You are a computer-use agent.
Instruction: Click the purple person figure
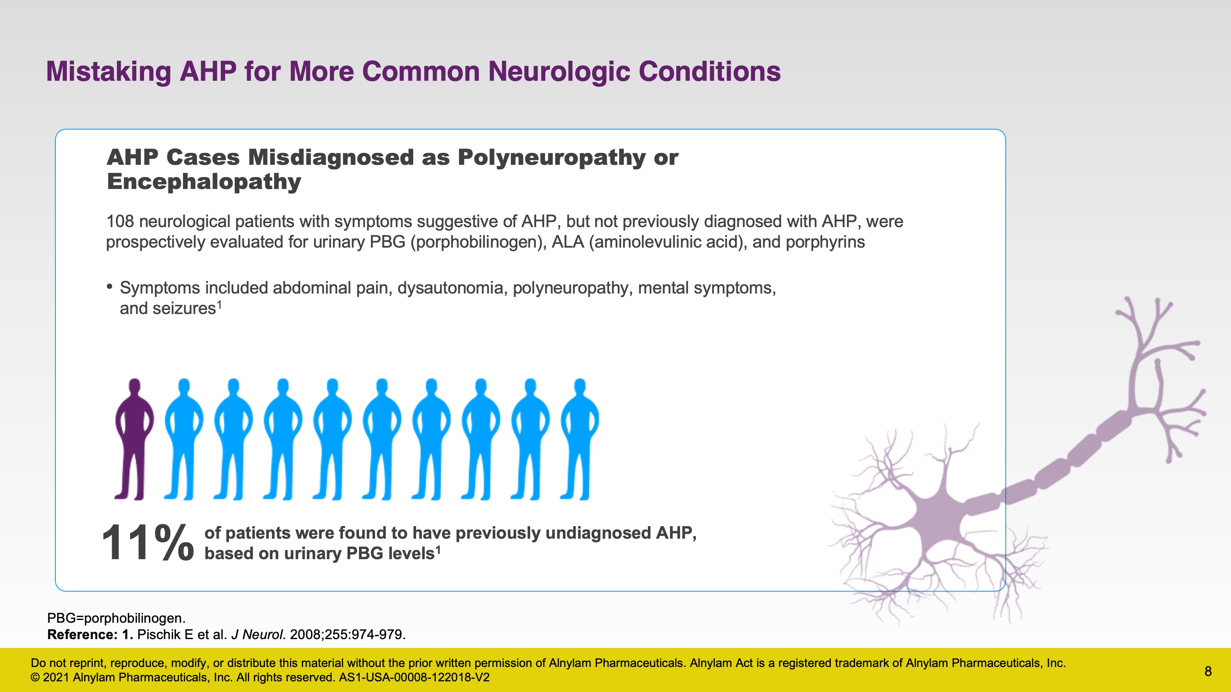(x=134, y=439)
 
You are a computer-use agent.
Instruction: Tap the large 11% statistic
(x=148, y=542)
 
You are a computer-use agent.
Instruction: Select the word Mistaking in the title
(x=108, y=72)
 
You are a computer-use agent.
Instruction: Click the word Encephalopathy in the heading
(x=204, y=182)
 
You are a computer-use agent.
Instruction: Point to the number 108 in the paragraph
(x=120, y=222)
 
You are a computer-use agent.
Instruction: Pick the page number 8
(x=1208, y=672)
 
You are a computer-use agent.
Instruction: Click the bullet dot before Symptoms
(x=110, y=287)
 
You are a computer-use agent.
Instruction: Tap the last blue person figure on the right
(x=580, y=439)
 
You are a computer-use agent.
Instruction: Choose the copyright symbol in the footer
(x=35, y=678)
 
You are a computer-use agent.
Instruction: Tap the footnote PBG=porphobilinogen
(x=116, y=619)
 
